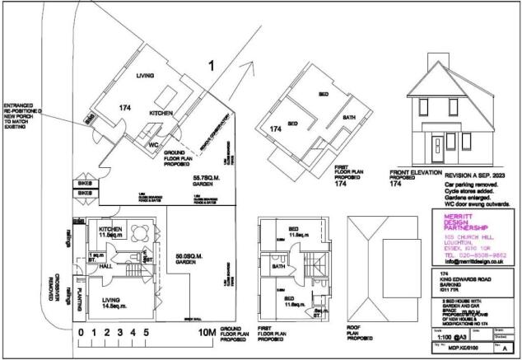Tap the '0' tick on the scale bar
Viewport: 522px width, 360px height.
click(x=81, y=333)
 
